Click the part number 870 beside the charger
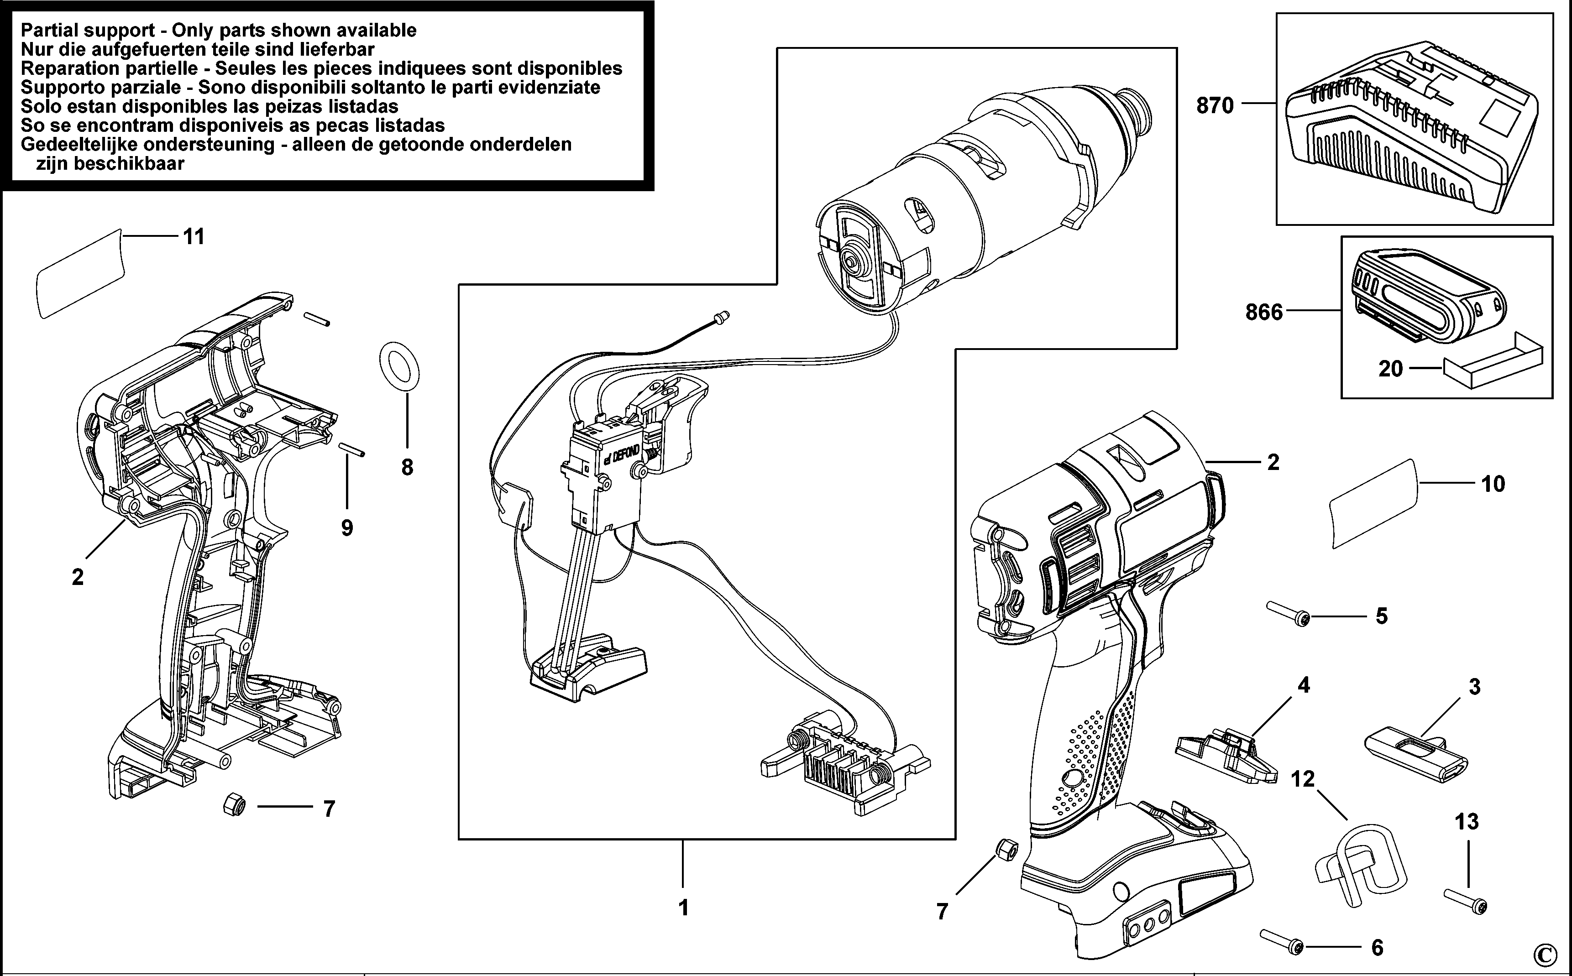click(1214, 105)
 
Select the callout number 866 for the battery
click(1263, 313)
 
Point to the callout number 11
click(194, 237)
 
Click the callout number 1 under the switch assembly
click(683, 908)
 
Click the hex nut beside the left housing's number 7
click(234, 804)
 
